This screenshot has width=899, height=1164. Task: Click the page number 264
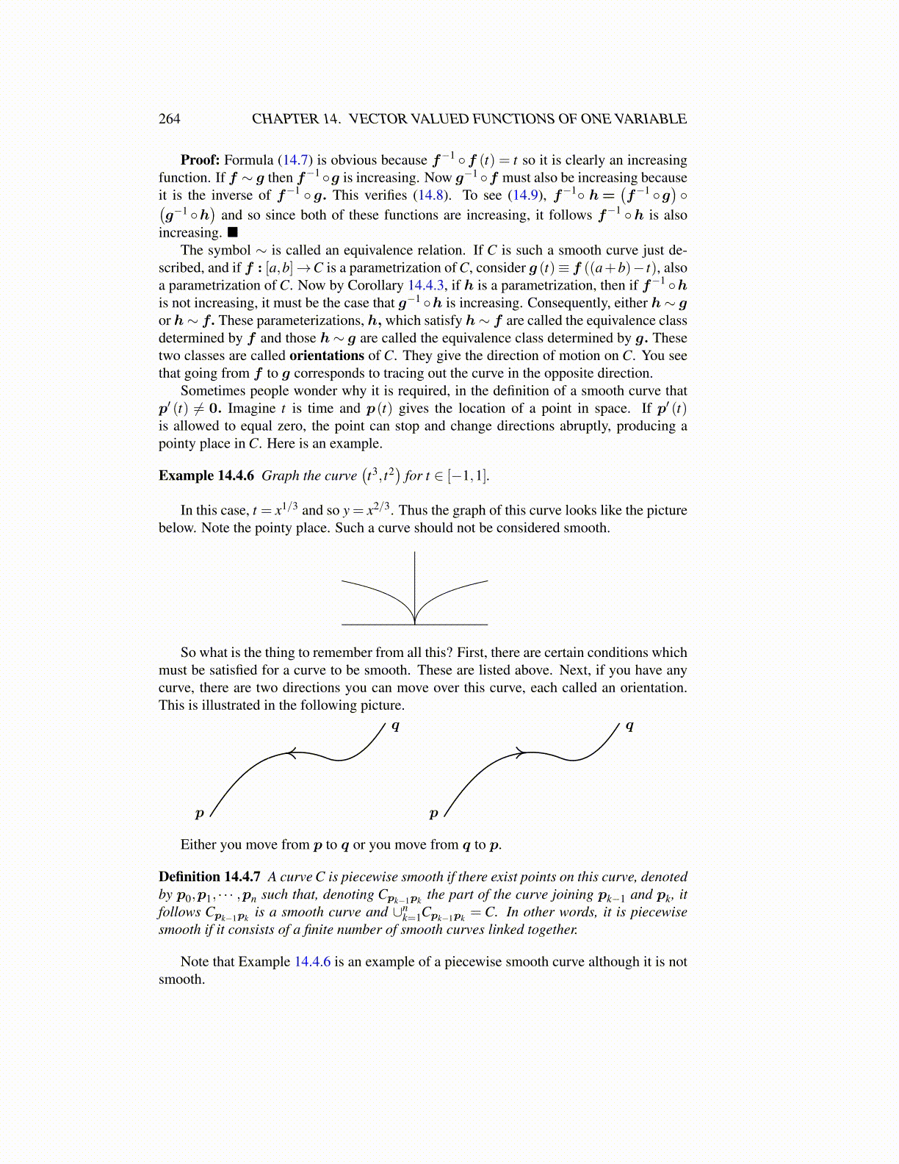(x=169, y=119)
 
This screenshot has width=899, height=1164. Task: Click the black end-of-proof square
(x=232, y=233)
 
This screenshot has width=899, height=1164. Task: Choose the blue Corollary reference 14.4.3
(x=425, y=286)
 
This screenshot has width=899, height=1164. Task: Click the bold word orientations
(x=327, y=356)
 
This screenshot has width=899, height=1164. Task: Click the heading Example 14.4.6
(x=206, y=475)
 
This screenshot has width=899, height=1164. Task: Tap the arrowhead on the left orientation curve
(x=292, y=752)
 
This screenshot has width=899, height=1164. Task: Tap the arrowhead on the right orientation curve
(x=521, y=752)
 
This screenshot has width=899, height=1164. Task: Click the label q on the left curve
(x=395, y=726)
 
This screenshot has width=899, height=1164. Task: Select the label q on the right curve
(x=629, y=726)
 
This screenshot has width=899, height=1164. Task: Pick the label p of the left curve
(x=199, y=813)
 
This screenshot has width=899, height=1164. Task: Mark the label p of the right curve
(x=433, y=813)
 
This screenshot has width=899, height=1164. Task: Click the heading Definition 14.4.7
(x=210, y=877)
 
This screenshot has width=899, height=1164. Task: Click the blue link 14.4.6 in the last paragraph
(x=312, y=962)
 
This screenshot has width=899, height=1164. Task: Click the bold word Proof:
(x=200, y=160)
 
